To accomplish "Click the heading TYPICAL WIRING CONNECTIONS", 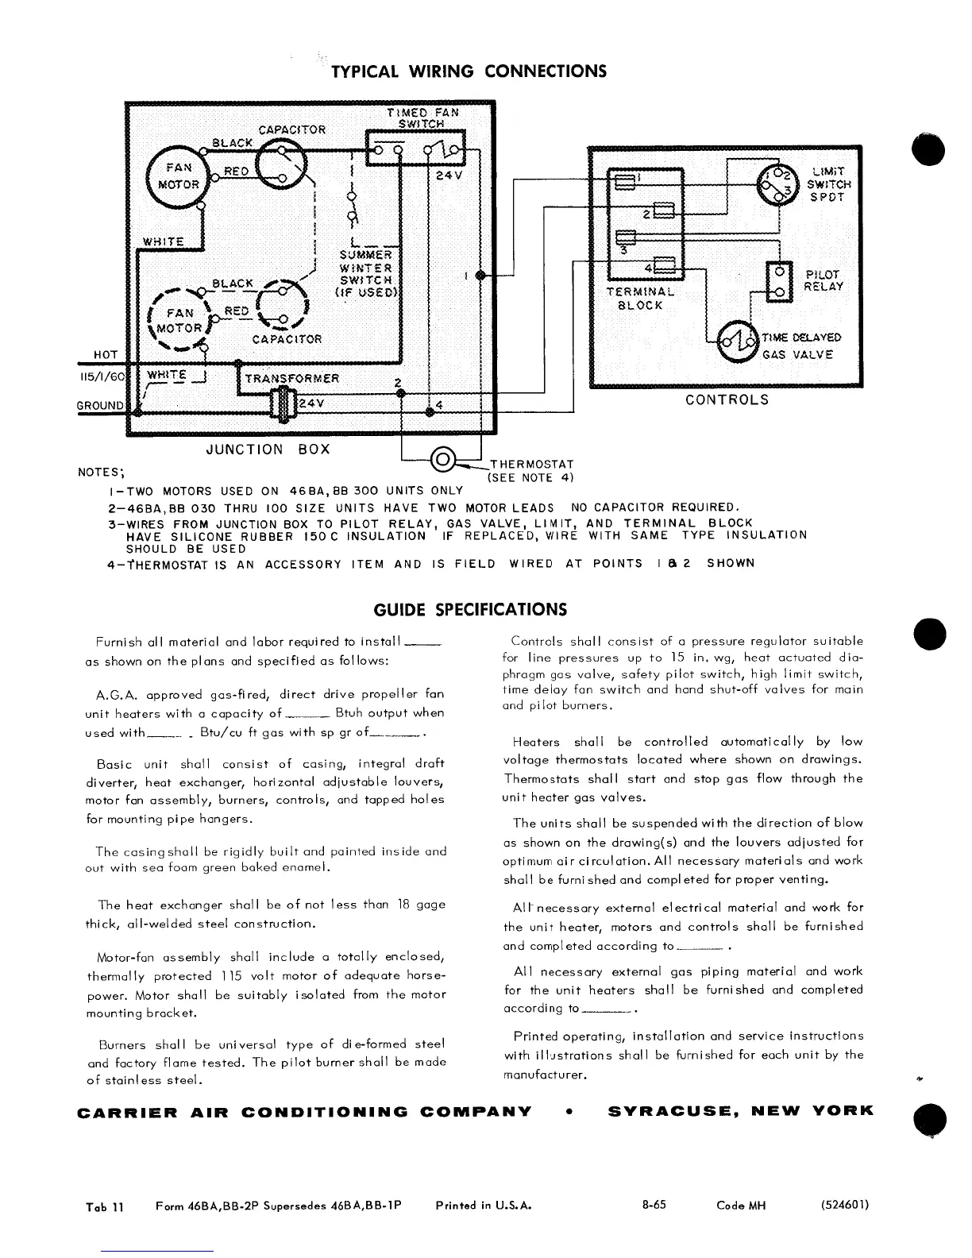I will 469,71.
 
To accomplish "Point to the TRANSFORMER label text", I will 291,378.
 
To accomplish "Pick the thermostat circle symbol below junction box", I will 442,460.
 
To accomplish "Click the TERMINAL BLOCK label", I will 639,298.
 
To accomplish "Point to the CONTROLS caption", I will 727,399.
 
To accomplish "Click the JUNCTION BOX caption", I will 268,450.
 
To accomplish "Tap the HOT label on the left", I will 106,354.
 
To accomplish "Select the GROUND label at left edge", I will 100,406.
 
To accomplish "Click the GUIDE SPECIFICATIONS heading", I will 470,610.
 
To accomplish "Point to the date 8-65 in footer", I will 654,1205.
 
